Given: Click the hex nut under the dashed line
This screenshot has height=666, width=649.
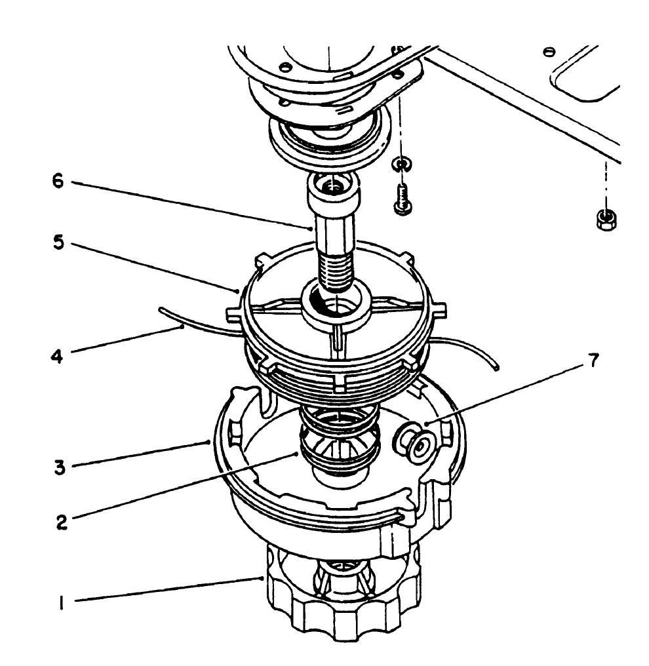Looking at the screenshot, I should [604, 218].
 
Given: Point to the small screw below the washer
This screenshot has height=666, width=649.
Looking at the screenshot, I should [401, 197].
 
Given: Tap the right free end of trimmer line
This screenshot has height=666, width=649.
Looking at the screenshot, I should [497, 368].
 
